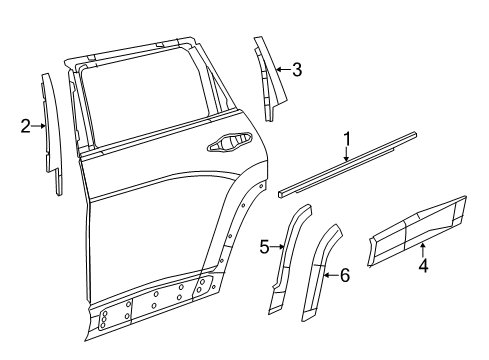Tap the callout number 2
click(x=25, y=125)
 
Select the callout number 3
click(x=296, y=69)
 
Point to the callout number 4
click(x=423, y=268)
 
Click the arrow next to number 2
click(x=39, y=125)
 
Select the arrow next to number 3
click(x=281, y=69)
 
